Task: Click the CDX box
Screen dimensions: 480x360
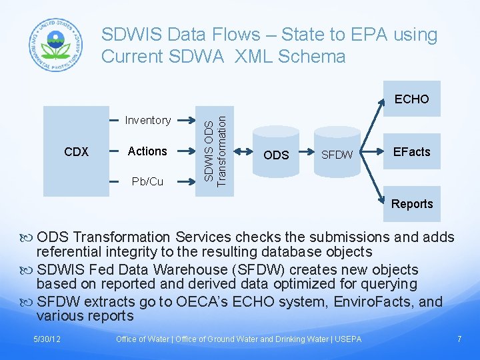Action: [77, 152]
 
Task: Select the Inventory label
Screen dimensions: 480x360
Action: [147, 120]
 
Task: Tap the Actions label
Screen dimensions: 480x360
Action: [147, 151]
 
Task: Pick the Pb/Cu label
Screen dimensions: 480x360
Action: [147, 181]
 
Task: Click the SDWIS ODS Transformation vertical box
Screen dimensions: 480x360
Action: [218, 147]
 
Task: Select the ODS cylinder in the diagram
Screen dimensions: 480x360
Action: [276, 155]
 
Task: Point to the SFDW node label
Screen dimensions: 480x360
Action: [337, 155]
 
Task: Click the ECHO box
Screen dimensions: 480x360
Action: [411, 99]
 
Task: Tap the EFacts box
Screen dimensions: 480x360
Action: [411, 151]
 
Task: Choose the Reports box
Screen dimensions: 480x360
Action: [411, 204]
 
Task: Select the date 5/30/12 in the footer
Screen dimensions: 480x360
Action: [48, 339]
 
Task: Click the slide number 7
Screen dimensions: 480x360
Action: [459, 339]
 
